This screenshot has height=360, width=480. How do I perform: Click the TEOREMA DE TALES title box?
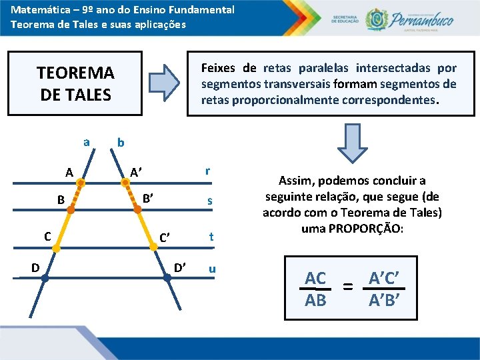pos(75,83)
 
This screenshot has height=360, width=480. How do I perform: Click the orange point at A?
pos(80,181)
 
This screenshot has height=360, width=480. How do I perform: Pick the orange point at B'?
pos(138,209)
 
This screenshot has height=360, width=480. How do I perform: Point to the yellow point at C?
pos(57,248)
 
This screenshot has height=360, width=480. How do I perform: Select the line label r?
pos(209,171)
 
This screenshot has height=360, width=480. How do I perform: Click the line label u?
pos(211,269)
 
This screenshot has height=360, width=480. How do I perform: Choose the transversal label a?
pos(86,141)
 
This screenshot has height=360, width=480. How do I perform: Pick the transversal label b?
pos(120,142)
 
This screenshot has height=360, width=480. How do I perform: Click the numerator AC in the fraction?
pos(315,279)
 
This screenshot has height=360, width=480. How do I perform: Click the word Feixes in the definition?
pos(219,68)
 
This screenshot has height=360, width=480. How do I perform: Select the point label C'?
pos(165,237)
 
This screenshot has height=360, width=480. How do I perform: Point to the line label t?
pos(211,236)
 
